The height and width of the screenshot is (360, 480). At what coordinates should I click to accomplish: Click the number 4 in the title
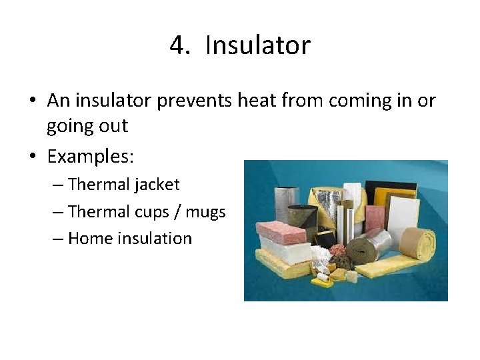click(x=177, y=46)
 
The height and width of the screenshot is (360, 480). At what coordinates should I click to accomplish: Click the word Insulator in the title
click(x=258, y=46)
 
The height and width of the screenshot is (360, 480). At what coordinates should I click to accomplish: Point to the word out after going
click(x=112, y=127)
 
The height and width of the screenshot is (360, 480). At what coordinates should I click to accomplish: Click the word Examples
click(x=91, y=157)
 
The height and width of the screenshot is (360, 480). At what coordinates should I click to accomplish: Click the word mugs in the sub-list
click(x=205, y=212)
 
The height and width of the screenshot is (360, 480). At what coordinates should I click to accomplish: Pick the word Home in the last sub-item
click(x=91, y=239)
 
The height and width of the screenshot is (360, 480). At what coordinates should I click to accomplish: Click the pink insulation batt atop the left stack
click(x=281, y=231)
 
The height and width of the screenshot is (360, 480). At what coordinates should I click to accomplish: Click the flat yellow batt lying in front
click(x=283, y=268)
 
